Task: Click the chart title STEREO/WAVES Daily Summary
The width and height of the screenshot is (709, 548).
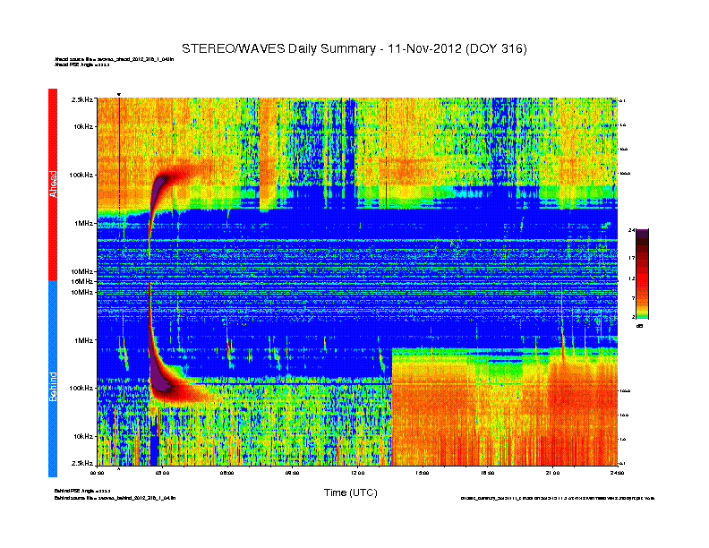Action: (x=354, y=47)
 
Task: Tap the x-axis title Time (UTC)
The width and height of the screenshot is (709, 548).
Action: (x=350, y=492)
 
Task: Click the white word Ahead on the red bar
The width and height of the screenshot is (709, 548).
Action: (x=53, y=184)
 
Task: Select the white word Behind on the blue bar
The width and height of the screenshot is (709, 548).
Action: (x=53, y=386)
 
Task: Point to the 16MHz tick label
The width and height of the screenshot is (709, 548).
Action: (x=83, y=281)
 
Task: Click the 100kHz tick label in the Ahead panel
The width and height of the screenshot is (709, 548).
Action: (x=81, y=175)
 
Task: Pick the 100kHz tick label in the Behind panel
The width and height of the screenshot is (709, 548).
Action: (x=81, y=389)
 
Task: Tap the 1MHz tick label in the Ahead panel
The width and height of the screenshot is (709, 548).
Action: (x=83, y=223)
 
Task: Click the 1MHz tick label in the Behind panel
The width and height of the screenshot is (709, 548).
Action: (x=83, y=340)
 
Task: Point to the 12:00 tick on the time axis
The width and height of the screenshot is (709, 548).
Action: (x=357, y=471)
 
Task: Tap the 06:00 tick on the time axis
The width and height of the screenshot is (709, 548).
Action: (x=227, y=471)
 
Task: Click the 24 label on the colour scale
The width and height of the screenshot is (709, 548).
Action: (x=631, y=230)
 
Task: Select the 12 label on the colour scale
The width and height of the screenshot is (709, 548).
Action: (x=631, y=278)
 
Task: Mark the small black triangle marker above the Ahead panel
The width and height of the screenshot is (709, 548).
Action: (x=119, y=94)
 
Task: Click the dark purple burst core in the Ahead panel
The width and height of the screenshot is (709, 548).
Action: (x=160, y=189)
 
